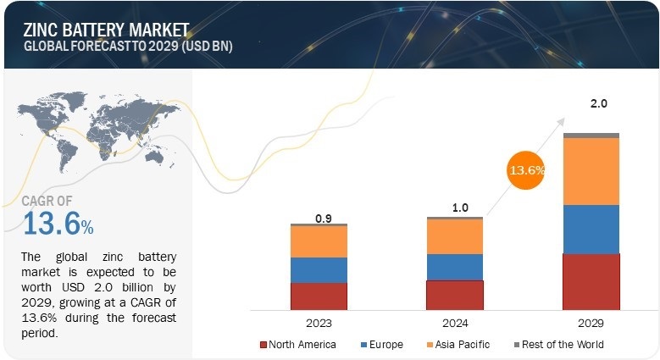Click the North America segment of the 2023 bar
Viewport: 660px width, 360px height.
[x=319, y=295]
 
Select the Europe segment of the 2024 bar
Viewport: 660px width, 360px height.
[x=455, y=267]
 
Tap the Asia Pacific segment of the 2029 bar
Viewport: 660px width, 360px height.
[x=591, y=171]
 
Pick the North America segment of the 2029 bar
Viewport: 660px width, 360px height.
[x=591, y=280]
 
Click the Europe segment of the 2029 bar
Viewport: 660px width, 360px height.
[x=591, y=230]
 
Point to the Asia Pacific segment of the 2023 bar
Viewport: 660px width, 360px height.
[x=319, y=241]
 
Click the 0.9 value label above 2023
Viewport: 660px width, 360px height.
[x=323, y=218]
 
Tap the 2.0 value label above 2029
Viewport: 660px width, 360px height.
[x=599, y=104]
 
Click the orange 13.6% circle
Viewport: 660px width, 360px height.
[x=526, y=170]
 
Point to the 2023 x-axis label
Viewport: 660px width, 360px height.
[x=319, y=324]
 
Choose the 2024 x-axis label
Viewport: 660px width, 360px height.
[x=456, y=324]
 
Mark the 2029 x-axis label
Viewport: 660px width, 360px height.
[x=591, y=324]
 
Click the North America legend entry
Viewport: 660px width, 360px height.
[x=302, y=345]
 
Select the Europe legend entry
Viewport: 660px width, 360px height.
[x=385, y=345]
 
